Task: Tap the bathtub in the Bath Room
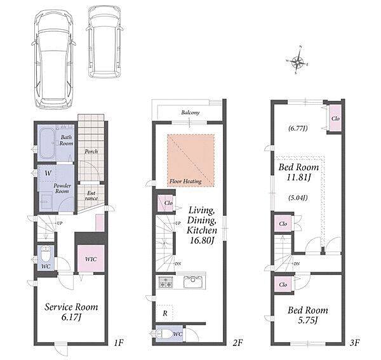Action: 47,143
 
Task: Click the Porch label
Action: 91,152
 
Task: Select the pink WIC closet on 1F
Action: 91,258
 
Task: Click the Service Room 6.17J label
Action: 71,312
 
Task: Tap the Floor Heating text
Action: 185,181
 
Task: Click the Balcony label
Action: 190,112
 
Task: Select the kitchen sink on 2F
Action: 193,282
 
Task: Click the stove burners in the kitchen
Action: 166,281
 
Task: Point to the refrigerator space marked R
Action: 164,313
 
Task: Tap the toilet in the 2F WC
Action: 164,334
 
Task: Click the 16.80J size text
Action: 202,241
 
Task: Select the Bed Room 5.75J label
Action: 308,315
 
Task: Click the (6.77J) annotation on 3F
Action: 298,128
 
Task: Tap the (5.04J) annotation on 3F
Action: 298,197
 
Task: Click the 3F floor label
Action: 355,342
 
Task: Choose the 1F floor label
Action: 119,342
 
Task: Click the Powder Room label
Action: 62,189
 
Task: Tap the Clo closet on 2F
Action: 166,203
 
